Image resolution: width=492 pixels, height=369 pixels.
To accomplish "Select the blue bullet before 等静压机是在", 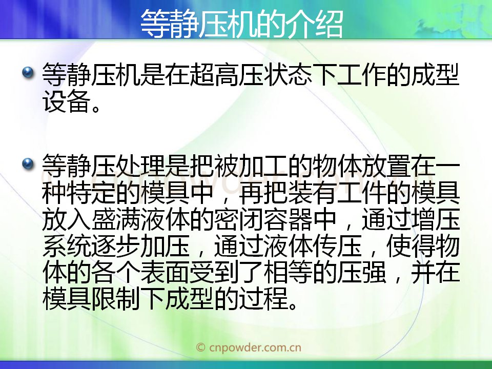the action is pyautogui.click(x=28, y=73).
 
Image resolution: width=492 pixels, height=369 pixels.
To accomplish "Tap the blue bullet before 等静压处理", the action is pyautogui.click(x=28, y=163).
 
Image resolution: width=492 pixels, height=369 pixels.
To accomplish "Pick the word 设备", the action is pyautogui.click(x=67, y=101).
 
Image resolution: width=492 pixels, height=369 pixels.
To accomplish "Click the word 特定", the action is pyautogui.click(x=91, y=192).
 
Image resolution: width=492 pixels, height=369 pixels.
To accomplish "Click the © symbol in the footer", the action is pyautogui.click(x=200, y=347).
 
